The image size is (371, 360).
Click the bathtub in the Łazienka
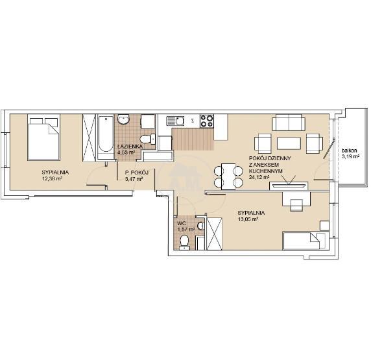tap(106, 137)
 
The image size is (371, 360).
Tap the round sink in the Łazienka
tap(123, 119)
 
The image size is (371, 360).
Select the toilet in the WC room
tap(184, 242)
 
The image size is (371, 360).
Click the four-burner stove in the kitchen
tap(206, 121)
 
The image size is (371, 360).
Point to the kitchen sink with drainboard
tap(175, 121)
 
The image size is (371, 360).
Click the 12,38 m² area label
tap(52, 178)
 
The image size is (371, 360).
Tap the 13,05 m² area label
tap(248, 219)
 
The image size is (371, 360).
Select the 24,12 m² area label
tap(259, 177)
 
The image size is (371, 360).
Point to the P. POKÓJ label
tap(136, 173)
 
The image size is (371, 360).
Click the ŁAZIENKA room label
tap(130, 147)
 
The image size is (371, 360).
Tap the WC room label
tap(181, 223)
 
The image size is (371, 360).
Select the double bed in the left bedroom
tap(43, 138)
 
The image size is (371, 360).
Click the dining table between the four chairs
tap(228, 176)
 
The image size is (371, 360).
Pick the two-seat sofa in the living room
tap(289, 123)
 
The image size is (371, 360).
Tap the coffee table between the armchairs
tap(289, 143)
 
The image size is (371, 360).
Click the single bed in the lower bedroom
tap(305, 241)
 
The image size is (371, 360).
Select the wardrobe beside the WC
tap(215, 234)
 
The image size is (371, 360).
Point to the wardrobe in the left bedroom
tap(89, 138)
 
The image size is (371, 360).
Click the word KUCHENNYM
tap(266, 171)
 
